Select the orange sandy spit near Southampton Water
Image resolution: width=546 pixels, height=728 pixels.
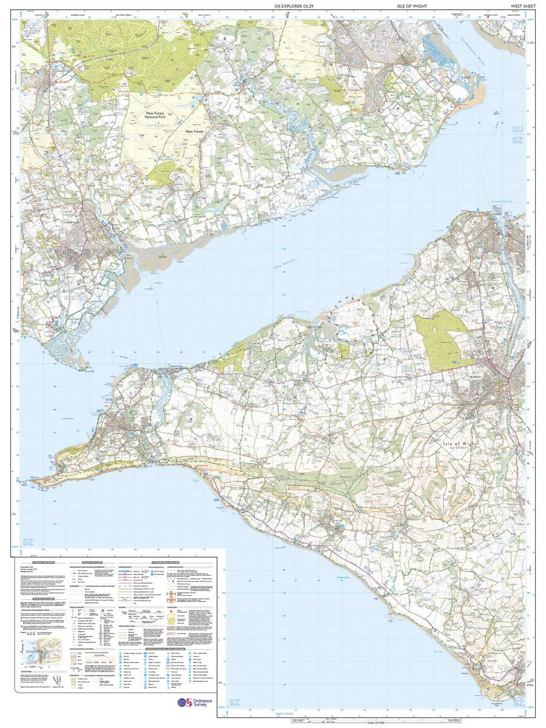click(480, 94)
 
